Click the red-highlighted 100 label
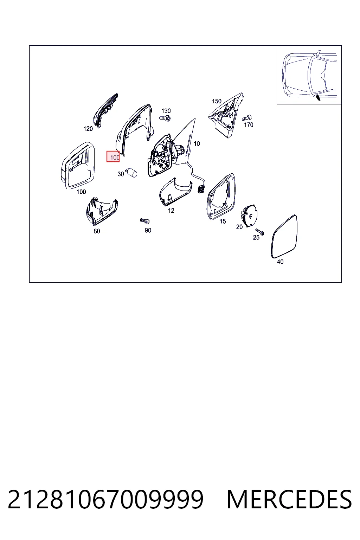[113, 157]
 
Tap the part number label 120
[88, 129]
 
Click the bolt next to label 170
[247, 118]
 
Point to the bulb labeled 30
[132, 172]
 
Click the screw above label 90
[145, 220]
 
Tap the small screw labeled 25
[260, 232]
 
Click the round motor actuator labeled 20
[249, 216]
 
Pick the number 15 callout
[223, 221]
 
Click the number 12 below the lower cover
[171, 211]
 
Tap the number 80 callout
[97, 231]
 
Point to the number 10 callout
[197, 144]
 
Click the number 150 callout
[217, 101]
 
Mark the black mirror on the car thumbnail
[318, 98]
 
